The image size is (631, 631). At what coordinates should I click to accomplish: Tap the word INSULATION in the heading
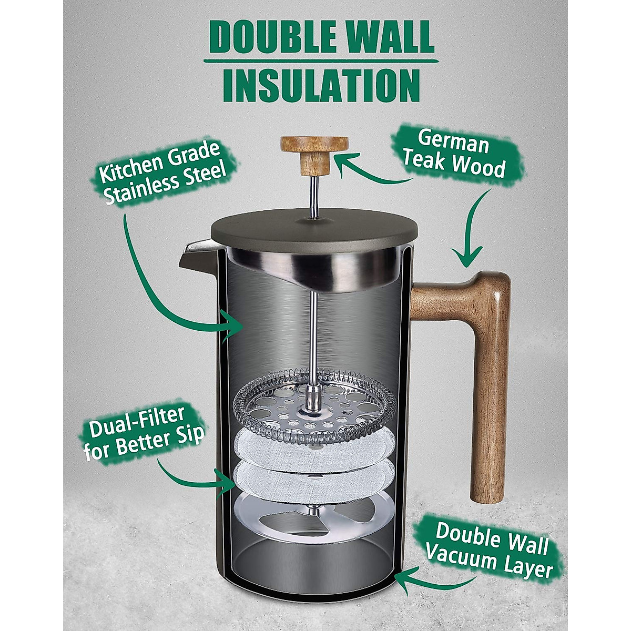[321, 85]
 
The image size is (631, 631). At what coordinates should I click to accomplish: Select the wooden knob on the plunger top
[314, 152]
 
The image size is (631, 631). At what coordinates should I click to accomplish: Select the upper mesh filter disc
[314, 450]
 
